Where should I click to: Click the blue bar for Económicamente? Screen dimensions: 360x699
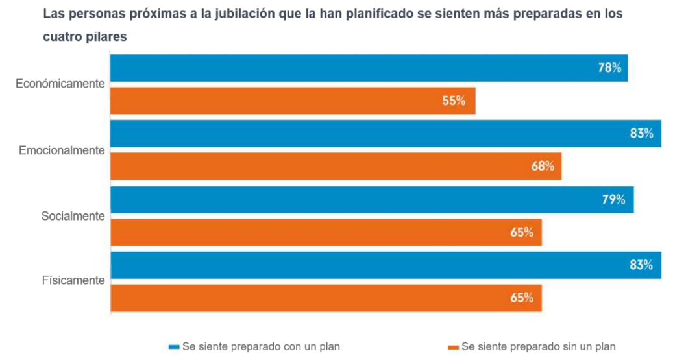click(369, 68)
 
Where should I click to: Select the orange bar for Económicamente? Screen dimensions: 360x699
click(293, 101)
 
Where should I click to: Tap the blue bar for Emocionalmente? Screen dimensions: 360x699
click(386, 134)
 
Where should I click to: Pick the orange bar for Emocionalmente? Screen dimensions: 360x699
click(336, 167)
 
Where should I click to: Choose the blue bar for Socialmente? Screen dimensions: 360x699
click(372, 200)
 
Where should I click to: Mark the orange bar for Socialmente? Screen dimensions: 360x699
click(326, 232)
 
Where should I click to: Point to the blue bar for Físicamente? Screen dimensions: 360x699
click(386, 265)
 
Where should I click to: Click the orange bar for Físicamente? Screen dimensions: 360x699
click(326, 298)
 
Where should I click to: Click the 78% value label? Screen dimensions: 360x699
click(609, 68)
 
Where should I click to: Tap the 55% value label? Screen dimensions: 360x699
click(454, 101)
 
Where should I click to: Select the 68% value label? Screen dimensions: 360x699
click(543, 167)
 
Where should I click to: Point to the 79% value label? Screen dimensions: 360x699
click(613, 200)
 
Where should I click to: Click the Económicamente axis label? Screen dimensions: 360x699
click(60, 84)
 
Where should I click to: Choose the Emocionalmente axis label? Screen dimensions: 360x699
click(62, 150)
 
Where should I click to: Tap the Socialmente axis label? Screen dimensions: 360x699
click(73, 216)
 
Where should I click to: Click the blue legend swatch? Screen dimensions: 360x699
click(173, 347)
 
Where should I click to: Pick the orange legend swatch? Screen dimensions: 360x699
click(453, 347)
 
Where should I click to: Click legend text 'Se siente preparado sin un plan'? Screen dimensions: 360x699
click(538, 347)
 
